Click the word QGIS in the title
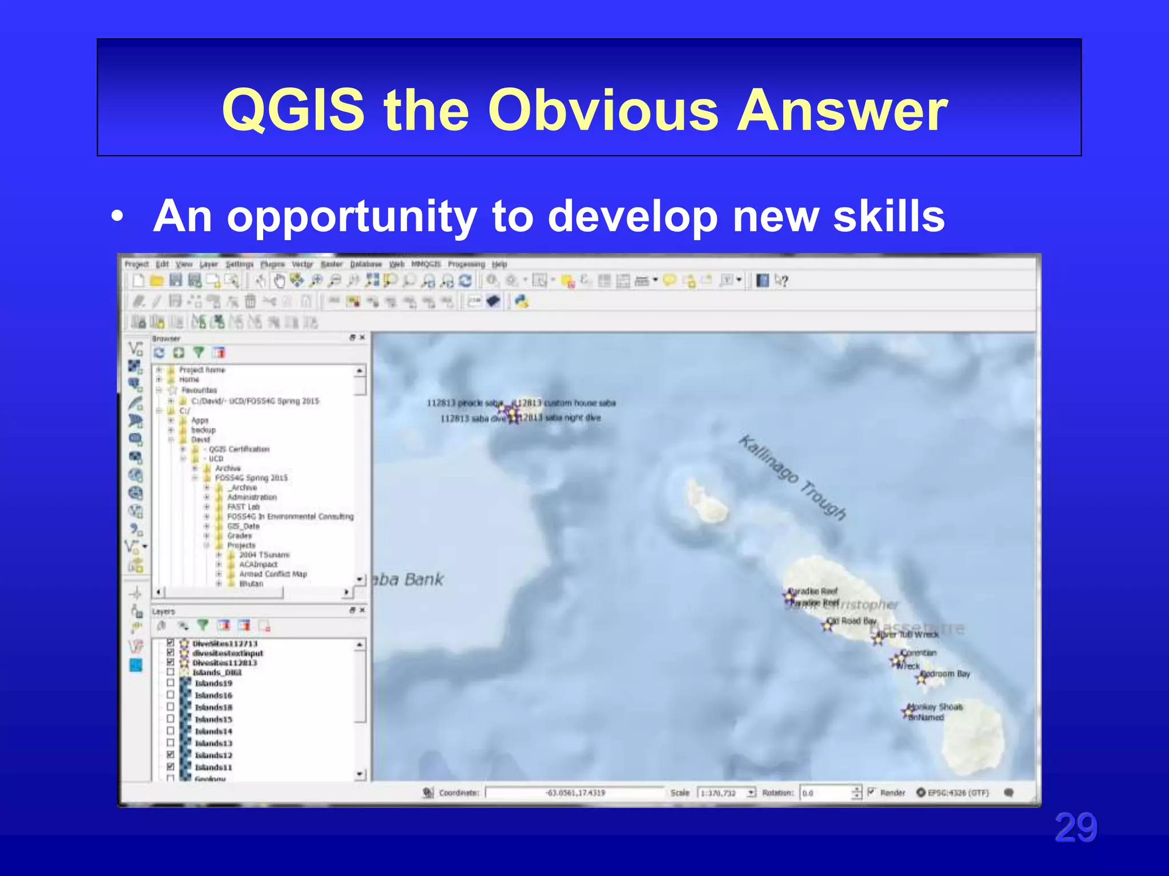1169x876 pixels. click(x=293, y=109)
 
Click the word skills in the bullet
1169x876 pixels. click(x=889, y=216)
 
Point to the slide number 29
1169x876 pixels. click(x=1075, y=828)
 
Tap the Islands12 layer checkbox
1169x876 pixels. click(x=170, y=755)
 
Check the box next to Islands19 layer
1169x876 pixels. click(x=170, y=683)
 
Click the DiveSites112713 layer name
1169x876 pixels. click(x=225, y=643)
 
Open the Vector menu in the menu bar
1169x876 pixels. click(x=302, y=265)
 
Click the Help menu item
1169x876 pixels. click(x=499, y=265)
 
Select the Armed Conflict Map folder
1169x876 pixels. click(x=272, y=574)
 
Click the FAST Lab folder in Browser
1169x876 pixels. click(x=243, y=506)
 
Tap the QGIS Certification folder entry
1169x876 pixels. click(x=239, y=449)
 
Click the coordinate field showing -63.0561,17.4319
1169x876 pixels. click(x=574, y=793)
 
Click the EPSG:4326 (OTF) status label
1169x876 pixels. click(x=957, y=793)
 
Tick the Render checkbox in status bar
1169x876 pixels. click(x=871, y=792)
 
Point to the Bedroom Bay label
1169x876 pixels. click(x=948, y=674)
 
